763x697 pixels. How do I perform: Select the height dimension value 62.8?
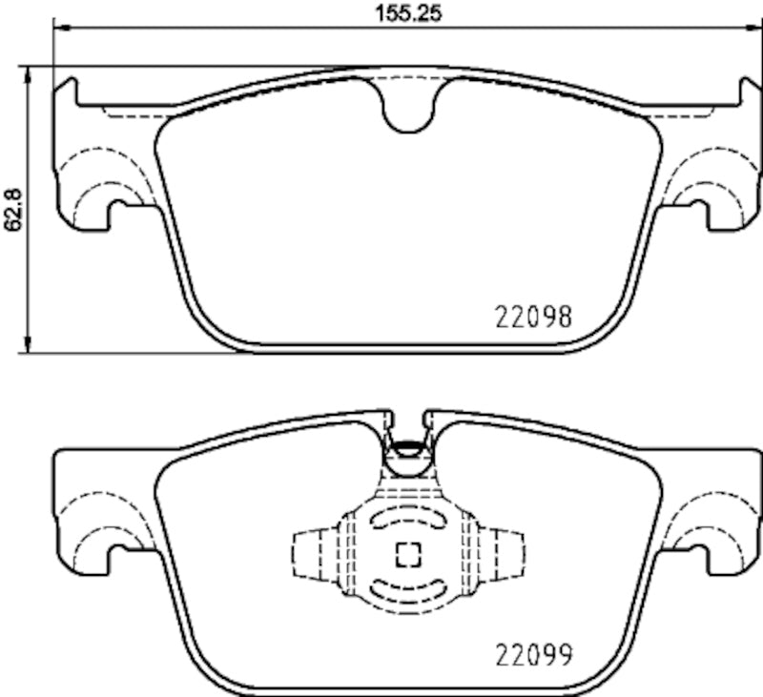coord(12,210)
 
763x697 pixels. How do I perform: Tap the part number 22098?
coord(533,317)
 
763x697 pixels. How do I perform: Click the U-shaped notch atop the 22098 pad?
coord(409,108)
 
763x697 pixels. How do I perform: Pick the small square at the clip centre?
coord(408,553)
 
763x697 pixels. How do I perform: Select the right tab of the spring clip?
coord(509,553)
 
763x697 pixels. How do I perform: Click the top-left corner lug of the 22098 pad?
coord(65,91)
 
